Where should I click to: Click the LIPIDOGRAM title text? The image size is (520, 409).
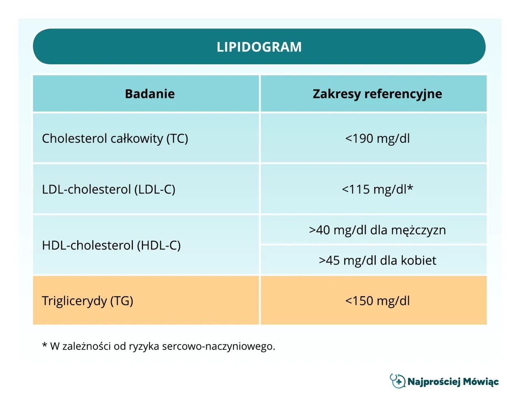coord(259,47)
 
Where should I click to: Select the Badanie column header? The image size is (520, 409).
coord(149,94)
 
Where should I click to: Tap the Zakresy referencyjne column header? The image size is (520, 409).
coord(377,94)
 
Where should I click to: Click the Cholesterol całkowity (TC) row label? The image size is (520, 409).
coord(115,139)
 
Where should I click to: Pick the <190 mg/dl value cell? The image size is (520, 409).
coord(377,139)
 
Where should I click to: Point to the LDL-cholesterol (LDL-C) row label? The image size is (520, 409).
coord(108,190)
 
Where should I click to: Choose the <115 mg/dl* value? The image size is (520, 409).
coord(377,190)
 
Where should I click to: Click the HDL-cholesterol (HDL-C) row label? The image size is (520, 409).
coord(111,245)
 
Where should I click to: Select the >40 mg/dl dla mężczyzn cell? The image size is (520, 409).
coord(377,230)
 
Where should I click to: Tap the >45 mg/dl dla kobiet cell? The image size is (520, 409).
coord(377,260)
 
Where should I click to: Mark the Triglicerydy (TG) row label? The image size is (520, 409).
coord(87,301)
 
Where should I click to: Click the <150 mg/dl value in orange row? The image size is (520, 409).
coord(377,301)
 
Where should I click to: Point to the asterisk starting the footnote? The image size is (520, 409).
coord(44,346)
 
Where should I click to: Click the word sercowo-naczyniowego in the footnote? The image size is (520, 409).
coord(218,347)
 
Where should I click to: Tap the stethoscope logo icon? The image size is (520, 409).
coord(397,381)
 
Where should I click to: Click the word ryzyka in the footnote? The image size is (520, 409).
coord(144,347)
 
